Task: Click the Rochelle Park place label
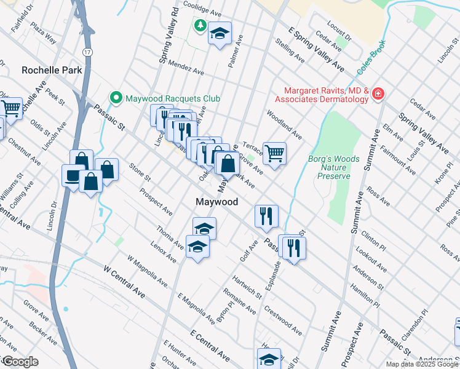tap(52, 70)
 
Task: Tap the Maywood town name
tap(216, 202)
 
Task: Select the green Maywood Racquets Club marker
tap(115, 98)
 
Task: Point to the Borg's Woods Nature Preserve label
tap(333, 167)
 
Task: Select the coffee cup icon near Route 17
tap(73, 176)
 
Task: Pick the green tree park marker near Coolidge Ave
tap(200, 25)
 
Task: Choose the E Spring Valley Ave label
tap(317, 49)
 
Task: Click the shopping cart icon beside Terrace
tap(274, 153)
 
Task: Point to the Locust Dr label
tap(339, 33)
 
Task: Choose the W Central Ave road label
tap(124, 282)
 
